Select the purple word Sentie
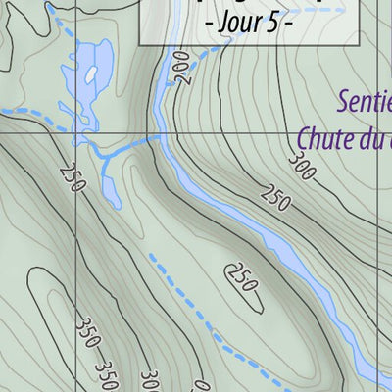[x=365, y=101]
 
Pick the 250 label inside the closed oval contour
[x=240, y=277]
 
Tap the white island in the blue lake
[x=91, y=74]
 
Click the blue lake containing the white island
[x=78, y=93]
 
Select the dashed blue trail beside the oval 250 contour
[x=186, y=294]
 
